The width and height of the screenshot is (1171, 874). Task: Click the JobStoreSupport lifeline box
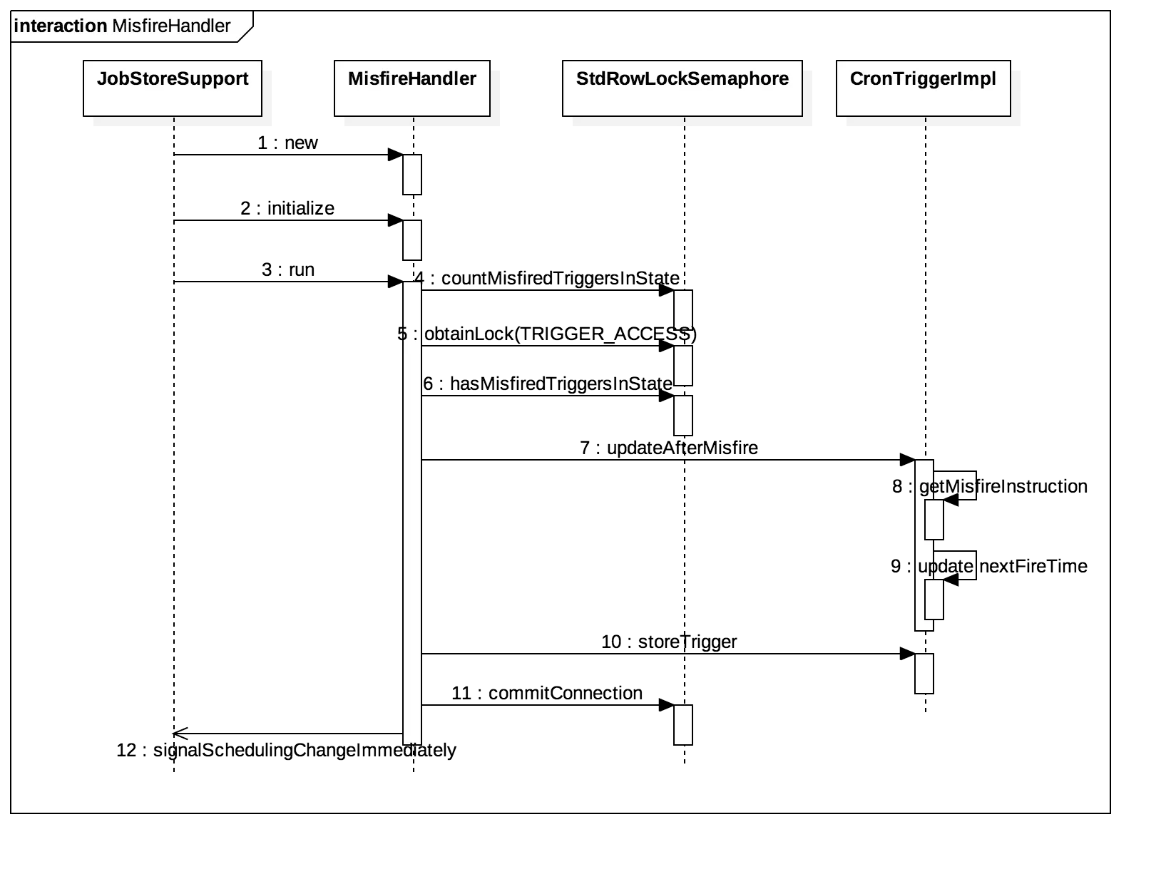tap(173, 88)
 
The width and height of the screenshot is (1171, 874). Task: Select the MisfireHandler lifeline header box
tap(412, 88)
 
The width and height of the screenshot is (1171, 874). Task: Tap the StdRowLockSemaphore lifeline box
tap(682, 88)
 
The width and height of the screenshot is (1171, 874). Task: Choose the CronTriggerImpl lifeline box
tap(924, 88)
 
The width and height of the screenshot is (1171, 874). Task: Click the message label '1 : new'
tap(287, 143)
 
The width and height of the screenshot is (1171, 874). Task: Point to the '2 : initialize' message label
tap(287, 208)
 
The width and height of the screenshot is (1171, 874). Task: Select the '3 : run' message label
tap(288, 269)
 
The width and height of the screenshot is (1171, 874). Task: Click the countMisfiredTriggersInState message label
tap(547, 278)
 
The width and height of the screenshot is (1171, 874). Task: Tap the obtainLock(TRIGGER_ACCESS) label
tap(547, 334)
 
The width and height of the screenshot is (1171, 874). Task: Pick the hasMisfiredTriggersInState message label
tap(548, 384)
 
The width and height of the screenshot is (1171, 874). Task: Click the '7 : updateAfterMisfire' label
tap(669, 448)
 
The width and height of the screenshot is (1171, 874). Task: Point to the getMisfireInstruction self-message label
tap(990, 486)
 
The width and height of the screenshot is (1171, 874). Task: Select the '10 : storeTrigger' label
tap(669, 642)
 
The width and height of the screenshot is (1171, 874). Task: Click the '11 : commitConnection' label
tap(547, 693)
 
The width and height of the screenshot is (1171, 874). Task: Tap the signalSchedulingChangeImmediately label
tap(287, 750)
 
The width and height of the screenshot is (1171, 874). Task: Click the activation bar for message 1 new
tap(412, 175)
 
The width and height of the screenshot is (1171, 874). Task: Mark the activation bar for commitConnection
tap(683, 725)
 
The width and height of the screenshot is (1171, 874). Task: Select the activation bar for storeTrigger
tap(924, 674)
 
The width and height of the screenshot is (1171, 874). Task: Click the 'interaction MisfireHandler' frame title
tap(122, 26)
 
